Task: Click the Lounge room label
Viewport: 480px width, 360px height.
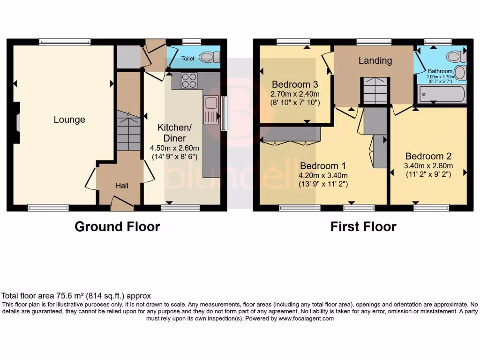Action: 69,120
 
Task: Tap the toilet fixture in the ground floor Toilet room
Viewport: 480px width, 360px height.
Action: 209,57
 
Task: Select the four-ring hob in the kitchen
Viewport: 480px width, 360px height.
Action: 189,81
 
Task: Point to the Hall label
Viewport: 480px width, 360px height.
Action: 122,186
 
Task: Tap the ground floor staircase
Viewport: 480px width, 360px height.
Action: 128,131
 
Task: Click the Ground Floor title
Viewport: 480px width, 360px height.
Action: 117,227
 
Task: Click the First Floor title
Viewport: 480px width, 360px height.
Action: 363,227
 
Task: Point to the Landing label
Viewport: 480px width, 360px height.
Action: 375,60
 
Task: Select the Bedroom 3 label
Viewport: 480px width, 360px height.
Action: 295,84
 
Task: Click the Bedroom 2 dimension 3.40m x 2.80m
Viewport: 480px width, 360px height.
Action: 428,165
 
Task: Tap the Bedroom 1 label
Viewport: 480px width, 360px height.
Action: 322,166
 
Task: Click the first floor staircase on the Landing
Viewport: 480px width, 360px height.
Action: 375,90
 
